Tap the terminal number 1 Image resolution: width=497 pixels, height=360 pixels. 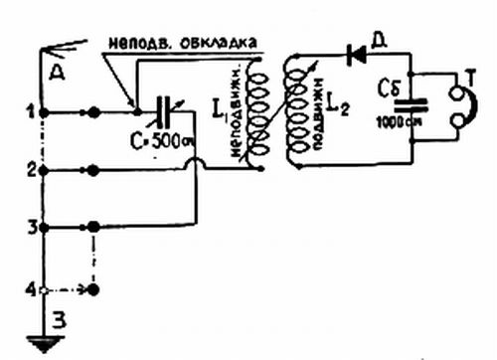coord(33,110)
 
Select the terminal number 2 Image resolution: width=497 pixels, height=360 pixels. coord(33,169)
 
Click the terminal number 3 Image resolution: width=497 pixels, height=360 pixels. coord(33,228)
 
